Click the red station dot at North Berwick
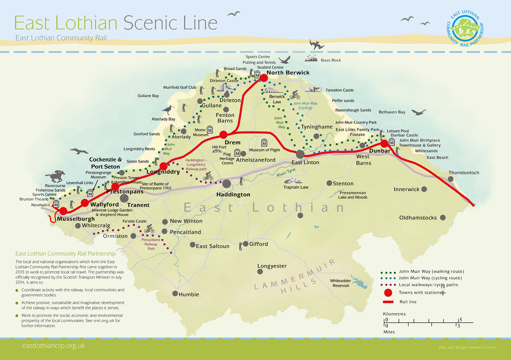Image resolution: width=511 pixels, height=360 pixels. (264, 78)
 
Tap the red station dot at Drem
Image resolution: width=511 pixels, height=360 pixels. (223, 135)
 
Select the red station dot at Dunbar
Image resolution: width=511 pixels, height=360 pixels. (384, 144)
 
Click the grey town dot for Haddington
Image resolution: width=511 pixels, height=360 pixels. (226, 183)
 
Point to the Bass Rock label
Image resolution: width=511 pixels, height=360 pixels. (331, 60)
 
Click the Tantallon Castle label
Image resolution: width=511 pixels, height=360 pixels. (340, 90)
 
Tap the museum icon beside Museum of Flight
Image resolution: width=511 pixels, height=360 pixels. (264, 143)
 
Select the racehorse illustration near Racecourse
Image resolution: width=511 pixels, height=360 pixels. (55, 176)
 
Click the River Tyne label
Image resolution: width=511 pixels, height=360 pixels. (286, 172)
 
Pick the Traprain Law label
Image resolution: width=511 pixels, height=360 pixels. (296, 187)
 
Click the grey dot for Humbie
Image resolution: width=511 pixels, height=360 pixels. (175, 293)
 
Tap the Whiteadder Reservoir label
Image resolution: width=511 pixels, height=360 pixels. (341, 283)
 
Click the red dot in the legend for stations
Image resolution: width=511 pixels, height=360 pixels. (388, 293)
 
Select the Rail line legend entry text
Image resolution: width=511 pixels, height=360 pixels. (408, 302)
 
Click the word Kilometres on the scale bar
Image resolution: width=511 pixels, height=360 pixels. (394, 314)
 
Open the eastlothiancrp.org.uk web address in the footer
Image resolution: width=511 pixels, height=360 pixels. (53, 346)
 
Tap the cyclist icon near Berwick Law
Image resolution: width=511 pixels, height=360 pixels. (295, 95)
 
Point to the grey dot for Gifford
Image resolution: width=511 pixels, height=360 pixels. (246, 244)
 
